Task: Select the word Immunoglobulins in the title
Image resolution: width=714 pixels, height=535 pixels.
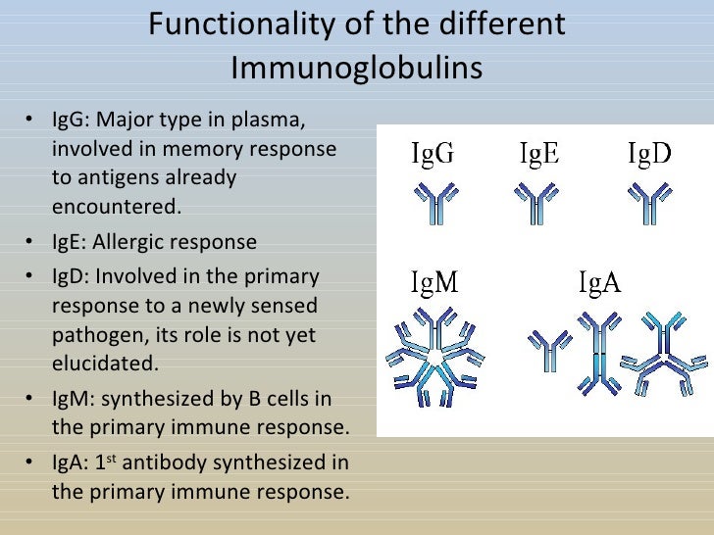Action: pyautogui.click(x=357, y=68)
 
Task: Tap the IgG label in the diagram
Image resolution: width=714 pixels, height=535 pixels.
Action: pyautogui.click(x=432, y=155)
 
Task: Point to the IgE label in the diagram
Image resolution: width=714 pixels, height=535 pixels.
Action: pyautogui.click(x=538, y=155)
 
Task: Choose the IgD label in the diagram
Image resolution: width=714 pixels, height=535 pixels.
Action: pyautogui.click(x=649, y=155)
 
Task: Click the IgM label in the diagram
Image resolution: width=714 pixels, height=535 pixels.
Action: pyautogui.click(x=433, y=284)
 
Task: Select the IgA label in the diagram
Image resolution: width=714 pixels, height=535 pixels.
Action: pyautogui.click(x=599, y=284)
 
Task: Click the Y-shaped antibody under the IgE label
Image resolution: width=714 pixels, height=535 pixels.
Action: pyautogui.click(x=535, y=204)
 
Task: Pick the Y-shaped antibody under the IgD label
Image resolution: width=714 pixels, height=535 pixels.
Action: pyautogui.click(x=648, y=204)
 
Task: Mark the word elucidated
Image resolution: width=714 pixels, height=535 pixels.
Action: pyautogui.click(x=103, y=364)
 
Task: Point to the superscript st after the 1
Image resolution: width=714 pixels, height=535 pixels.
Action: pyautogui.click(x=112, y=457)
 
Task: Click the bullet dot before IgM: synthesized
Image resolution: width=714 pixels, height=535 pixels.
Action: pyautogui.click(x=31, y=398)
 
